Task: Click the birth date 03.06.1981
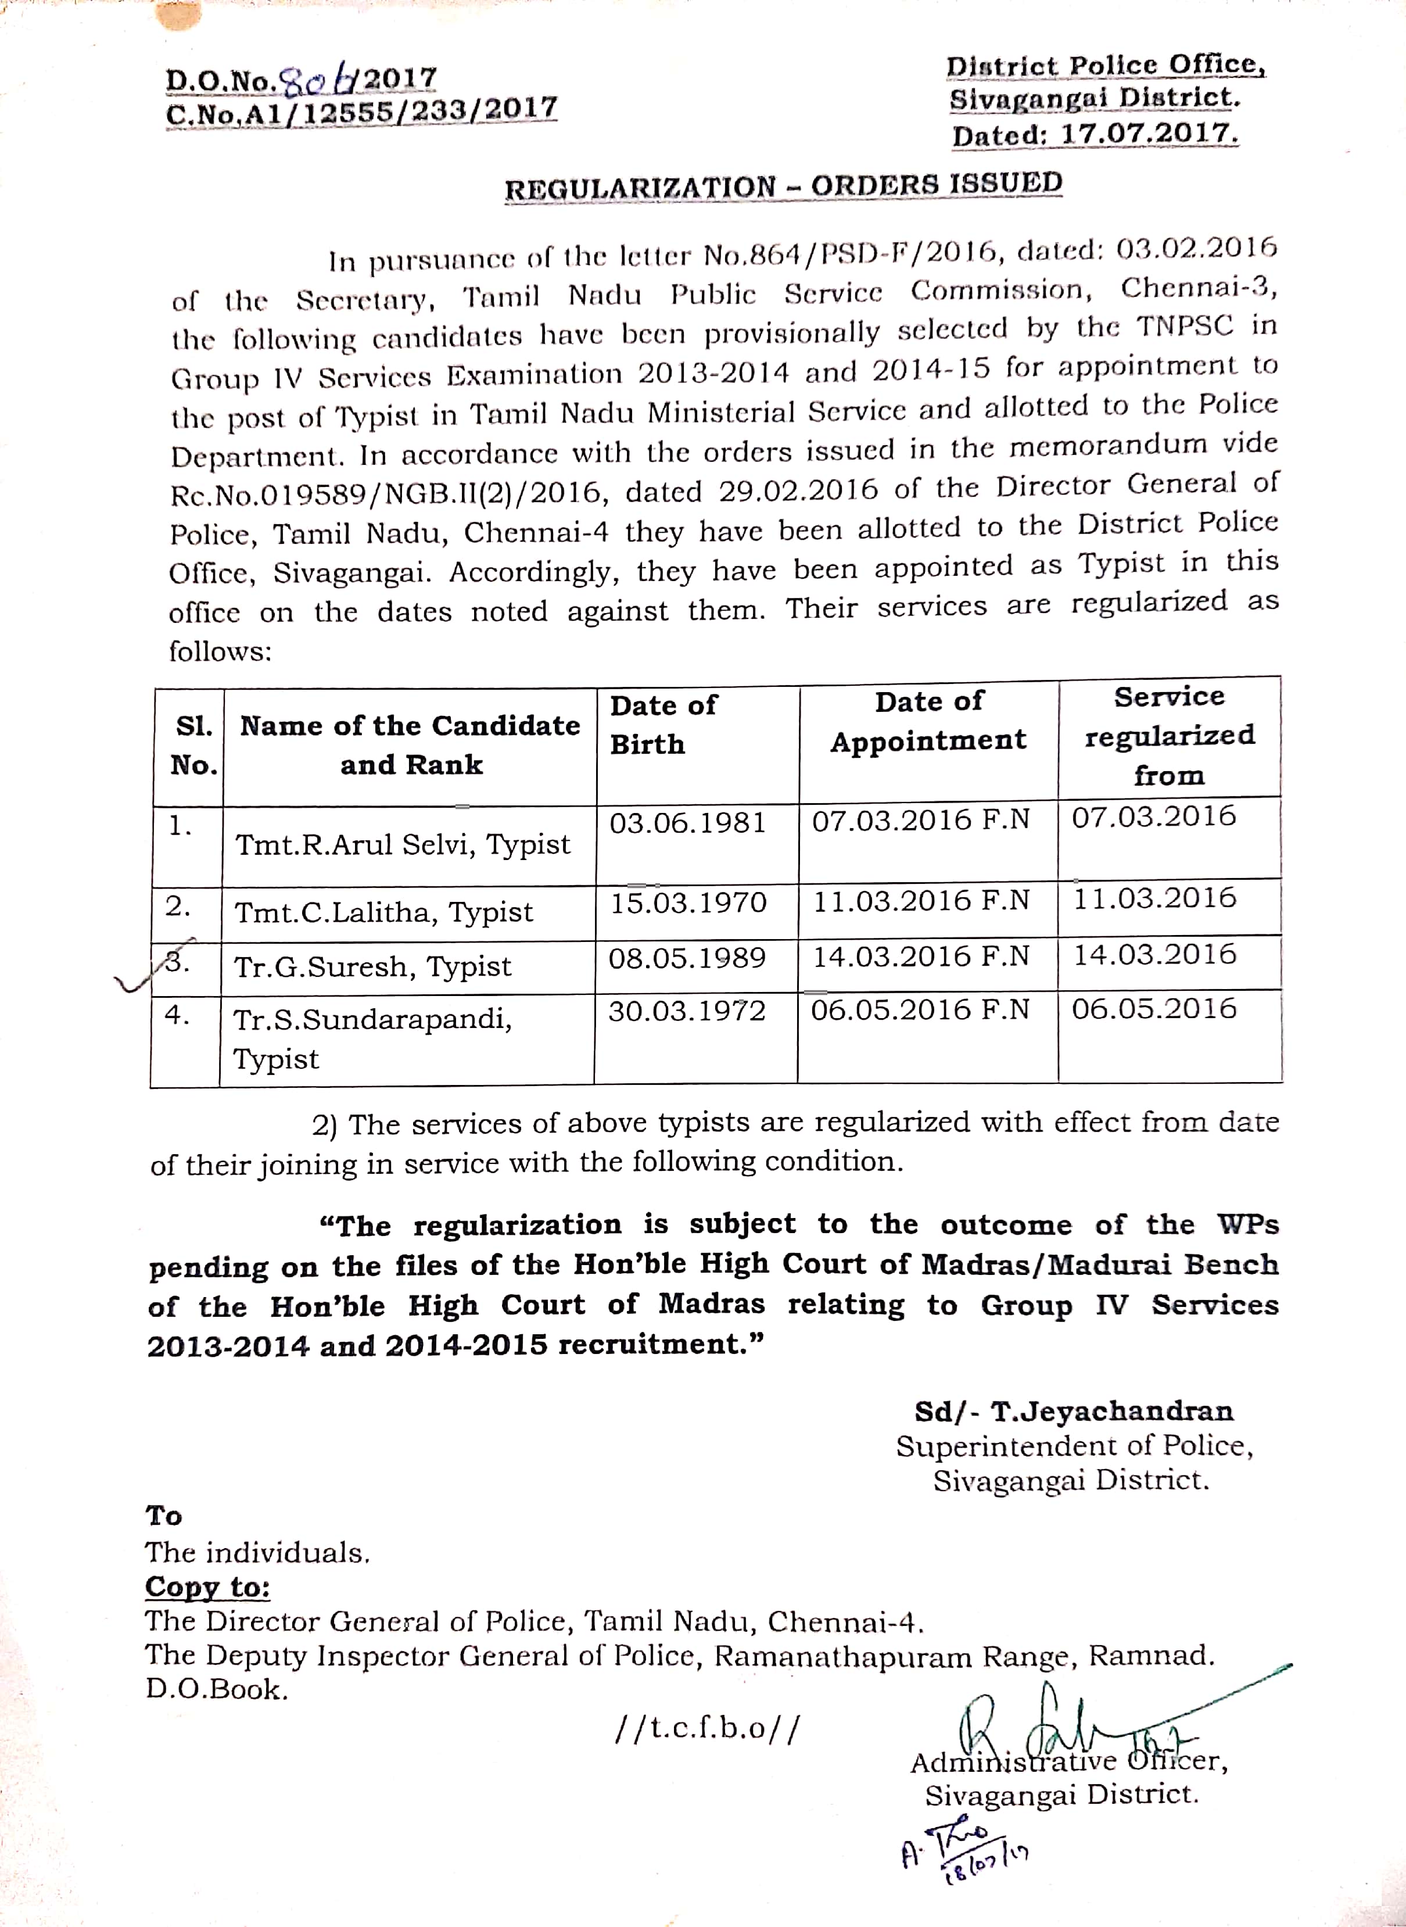click(x=688, y=823)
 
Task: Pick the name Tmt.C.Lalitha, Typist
click(x=384, y=912)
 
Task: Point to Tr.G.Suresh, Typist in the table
click(x=373, y=967)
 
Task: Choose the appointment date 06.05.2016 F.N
click(x=920, y=1009)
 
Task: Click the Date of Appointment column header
click(x=928, y=721)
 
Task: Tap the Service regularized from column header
click(x=1170, y=735)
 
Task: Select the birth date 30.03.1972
click(x=687, y=1011)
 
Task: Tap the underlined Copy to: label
click(x=207, y=1586)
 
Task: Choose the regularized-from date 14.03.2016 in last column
click(x=1154, y=954)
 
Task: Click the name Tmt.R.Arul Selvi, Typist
click(x=403, y=844)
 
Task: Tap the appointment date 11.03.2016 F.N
click(x=921, y=901)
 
